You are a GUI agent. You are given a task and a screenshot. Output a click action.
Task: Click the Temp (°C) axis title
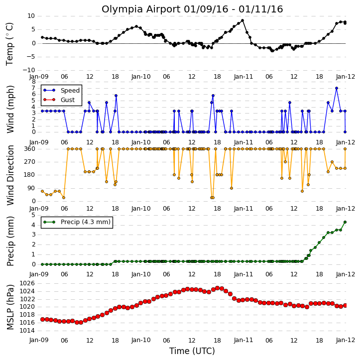point(9,44)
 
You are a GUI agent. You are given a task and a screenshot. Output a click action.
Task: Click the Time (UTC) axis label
point(192,351)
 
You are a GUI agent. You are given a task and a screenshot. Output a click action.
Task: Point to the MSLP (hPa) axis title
point(10,307)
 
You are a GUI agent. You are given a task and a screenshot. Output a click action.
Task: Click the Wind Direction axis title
point(10,175)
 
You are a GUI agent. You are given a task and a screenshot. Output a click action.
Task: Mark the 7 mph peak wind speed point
point(337,88)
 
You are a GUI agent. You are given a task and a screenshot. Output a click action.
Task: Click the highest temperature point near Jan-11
point(242,20)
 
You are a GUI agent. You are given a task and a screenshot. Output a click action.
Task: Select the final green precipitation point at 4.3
point(345,222)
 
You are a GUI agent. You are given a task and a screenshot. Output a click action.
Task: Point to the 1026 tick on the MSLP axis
point(27,283)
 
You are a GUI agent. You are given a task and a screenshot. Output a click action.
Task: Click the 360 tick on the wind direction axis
point(30,149)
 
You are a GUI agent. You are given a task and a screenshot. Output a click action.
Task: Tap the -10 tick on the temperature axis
point(28,70)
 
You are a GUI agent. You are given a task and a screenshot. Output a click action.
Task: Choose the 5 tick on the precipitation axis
point(33,215)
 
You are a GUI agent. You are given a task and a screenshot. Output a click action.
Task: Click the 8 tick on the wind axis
point(33,82)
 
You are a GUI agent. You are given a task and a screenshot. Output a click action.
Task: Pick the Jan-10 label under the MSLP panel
point(141,340)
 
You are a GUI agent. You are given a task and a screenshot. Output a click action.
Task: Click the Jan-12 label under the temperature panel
point(345,77)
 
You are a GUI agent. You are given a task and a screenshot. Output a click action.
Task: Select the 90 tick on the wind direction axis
point(31,188)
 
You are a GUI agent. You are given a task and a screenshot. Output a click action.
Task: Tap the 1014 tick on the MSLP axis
point(27,331)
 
